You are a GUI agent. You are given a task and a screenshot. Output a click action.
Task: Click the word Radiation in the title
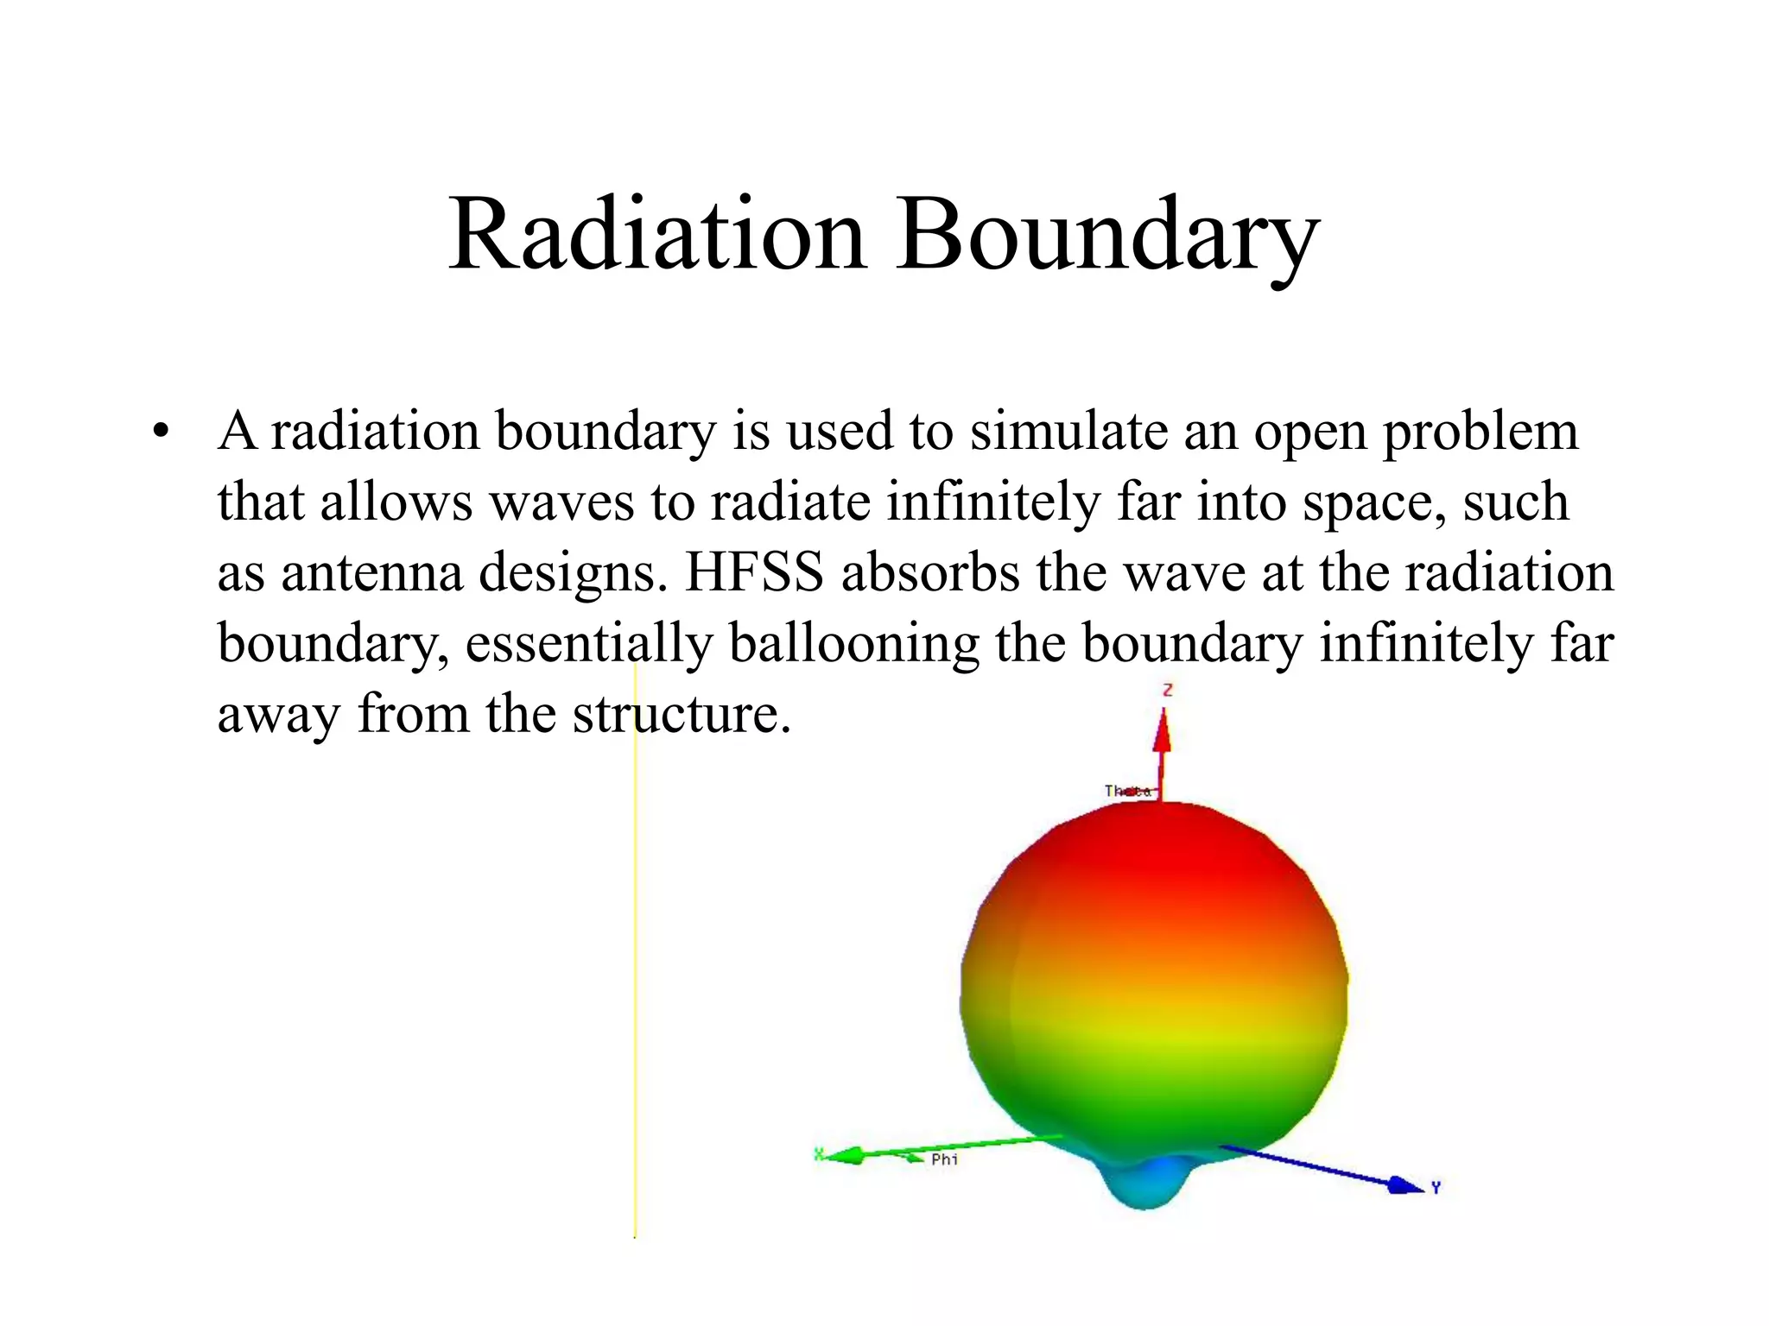point(656,235)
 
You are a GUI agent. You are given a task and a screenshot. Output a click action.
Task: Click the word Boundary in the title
point(1107,235)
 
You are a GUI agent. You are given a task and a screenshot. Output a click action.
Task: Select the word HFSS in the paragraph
point(753,572)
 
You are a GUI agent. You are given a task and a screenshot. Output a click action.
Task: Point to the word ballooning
point(853,643)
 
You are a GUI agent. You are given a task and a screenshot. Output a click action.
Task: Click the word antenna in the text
point(371,572)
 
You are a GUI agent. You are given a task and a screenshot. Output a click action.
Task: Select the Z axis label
point(1167,690)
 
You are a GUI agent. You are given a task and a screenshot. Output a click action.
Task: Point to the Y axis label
point(1436,1189)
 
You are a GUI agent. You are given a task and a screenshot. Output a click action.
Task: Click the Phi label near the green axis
point(944,1159)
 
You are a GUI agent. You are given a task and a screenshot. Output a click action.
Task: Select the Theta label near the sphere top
point(1127,791)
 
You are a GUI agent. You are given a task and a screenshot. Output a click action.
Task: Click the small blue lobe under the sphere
point(1144,1183)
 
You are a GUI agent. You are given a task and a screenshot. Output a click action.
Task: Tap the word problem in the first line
point(1480,431)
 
